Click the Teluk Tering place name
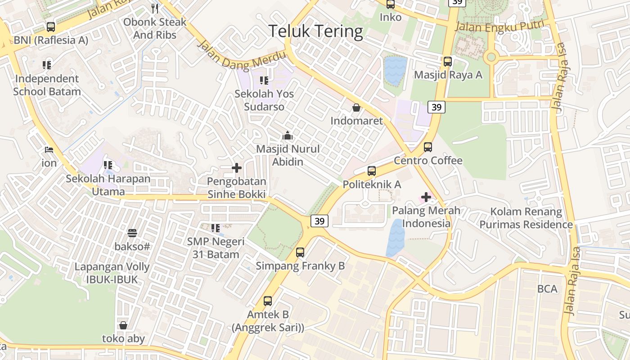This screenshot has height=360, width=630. point(315,31)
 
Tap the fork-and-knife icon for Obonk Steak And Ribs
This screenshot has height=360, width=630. point(155,8)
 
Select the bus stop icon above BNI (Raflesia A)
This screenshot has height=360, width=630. point(51,27)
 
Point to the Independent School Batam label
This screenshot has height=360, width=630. point(47,85)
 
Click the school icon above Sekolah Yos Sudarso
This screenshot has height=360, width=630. point(264,81)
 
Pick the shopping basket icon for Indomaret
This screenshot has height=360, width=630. point(356,108)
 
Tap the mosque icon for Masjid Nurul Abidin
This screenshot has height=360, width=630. point(288,135)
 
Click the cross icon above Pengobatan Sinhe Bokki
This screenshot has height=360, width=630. point(237,168)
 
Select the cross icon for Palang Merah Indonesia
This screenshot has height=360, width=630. point(426,197)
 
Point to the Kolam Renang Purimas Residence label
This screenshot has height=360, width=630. point(526,218)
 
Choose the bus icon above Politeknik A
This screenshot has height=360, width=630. point(372,171)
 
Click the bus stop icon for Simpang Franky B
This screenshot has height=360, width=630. point(300,252)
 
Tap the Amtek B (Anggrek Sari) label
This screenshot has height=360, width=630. point(268,321)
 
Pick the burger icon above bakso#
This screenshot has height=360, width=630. point(132,233)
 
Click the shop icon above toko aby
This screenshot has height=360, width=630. point(123,325)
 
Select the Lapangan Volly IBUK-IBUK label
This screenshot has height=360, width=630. point(112,273)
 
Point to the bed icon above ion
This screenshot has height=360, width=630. point(49,149)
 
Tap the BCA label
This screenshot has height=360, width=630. point(547,289)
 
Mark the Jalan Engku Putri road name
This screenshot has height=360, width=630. point(499,26)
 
